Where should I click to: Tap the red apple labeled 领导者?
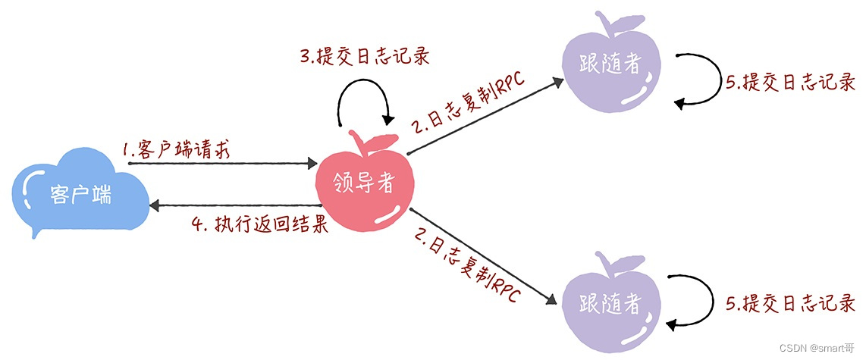pos(365,183)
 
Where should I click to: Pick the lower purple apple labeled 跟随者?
pos(611,304)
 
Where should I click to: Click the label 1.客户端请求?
pos(177,149)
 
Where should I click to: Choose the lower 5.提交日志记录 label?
pos(790,305)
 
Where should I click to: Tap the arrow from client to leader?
pos(224,162)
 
